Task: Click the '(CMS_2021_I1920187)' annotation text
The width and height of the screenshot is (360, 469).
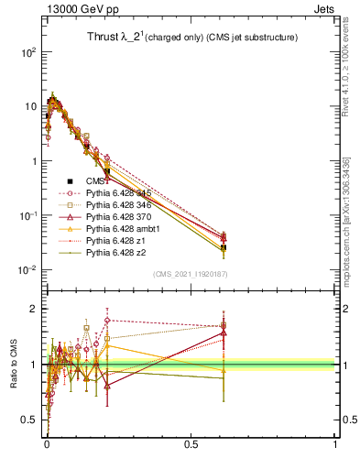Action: (191, 274)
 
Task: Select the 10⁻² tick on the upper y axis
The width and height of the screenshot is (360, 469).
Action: (31, 270)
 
